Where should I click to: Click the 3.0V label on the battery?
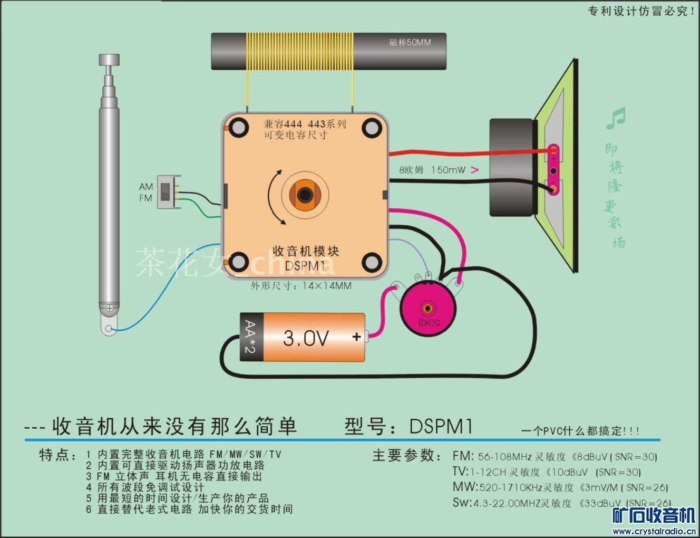coord(306,338)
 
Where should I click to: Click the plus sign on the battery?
coord(357,337)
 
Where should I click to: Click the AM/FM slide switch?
coord(166,191)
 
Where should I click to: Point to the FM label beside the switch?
coord(145,198)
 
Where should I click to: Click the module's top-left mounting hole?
coord(238,127)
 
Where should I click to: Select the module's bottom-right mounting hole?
coord(372,262)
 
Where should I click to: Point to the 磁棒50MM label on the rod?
coord(410,42)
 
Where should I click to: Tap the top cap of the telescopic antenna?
coord(109,60)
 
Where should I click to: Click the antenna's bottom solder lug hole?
coord(109,330)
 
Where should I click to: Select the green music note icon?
coord(616,118)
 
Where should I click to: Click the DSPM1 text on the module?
coord(305,265)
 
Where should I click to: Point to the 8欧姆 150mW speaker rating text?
coord(432,170)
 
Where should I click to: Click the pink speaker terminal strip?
coord(553,170)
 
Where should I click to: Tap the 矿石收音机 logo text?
coord(654,515)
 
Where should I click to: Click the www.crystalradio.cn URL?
coord(654,531)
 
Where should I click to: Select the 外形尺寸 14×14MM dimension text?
coord(301,286)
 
